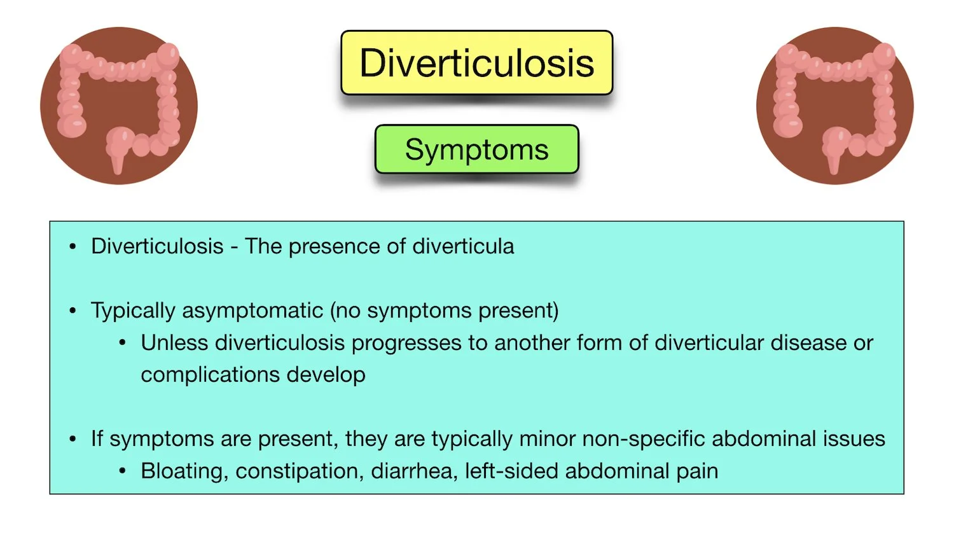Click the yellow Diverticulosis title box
(476, 63)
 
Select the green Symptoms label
(476, 150)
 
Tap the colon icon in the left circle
(119, 106)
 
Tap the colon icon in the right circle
(834, 106)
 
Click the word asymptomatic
(261, 310)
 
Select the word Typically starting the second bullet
(133, 311)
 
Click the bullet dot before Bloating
(123, 471)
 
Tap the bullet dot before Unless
(123, 343)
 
